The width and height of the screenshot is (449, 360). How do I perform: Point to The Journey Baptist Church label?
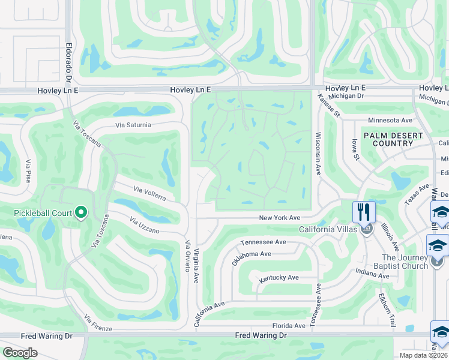(x=405, y=262)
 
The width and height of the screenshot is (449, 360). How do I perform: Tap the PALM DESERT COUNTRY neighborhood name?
(x=393, y=139)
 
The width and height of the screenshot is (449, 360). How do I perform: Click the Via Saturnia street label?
(x=133, y=125)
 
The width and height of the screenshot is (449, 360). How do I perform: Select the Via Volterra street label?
(x=154, y=194)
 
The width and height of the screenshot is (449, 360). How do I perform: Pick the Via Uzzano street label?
(x=145, y=226)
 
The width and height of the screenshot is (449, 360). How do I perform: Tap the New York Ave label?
(x=279, y=218)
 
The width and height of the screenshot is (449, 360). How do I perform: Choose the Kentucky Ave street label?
(x=279, y=278)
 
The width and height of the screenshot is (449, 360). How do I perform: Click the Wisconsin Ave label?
(x=318, y=154)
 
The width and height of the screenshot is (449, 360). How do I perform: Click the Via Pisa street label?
(x=28, y=171)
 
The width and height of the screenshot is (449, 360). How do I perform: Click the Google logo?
(x=20, y=352)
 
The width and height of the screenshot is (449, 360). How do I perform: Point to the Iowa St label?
(x=355, y=149)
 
